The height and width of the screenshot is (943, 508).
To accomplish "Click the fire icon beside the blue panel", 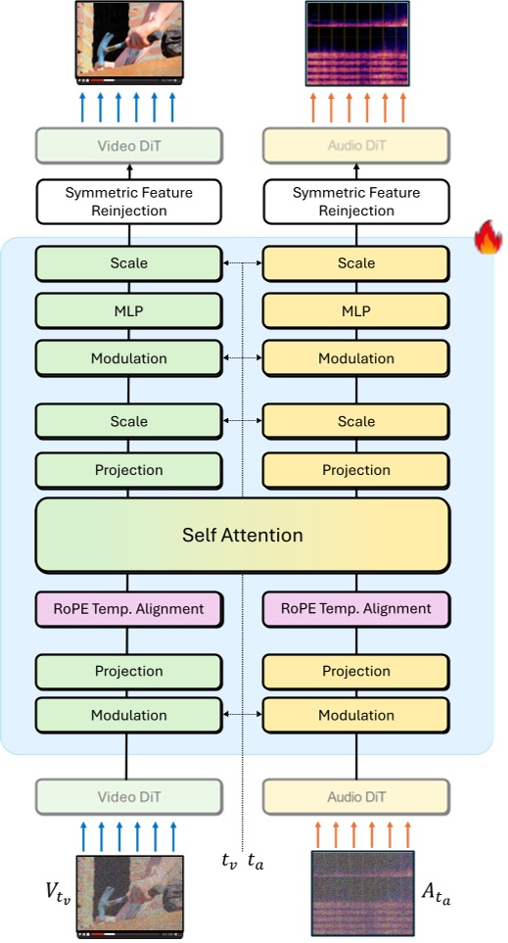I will [x=487, y=239].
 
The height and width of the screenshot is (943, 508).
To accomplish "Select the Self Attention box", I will [x=243, y=535].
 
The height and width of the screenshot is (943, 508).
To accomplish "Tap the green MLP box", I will [x=129, y=310].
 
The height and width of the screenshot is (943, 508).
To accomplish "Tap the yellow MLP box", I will [x=356, y=310].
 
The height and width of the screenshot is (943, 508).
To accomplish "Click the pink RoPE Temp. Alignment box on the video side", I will [x=129, y=608].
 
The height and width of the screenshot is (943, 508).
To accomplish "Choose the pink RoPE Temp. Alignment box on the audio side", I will [x=356, y=608].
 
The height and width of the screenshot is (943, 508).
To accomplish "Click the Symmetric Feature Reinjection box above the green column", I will [x=129, y=201].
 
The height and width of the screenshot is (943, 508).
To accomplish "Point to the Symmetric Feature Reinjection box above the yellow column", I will [x=356, y=201].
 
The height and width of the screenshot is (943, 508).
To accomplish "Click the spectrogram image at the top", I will [x=356, y=41].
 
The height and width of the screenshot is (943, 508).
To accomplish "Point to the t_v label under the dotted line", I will [x=229, y=862].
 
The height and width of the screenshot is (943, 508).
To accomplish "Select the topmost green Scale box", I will [x=129, y=263].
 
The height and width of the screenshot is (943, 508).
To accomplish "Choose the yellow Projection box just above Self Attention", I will [x=356, y=470].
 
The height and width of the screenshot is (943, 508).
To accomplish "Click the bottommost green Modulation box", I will [x=129, y=715].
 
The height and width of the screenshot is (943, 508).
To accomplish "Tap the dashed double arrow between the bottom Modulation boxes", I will [x=243, y=715].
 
